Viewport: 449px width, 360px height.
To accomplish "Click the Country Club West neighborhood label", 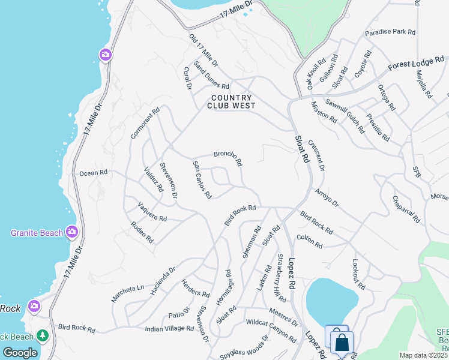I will (x=231, y=102).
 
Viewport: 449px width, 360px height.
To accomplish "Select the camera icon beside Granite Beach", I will (x=72, y=231).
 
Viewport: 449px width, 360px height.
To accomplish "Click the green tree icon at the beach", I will (x=43, y=335).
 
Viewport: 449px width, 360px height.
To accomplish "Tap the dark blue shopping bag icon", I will (x=342, y=343).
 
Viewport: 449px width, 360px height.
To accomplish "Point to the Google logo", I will (x=20, y=353).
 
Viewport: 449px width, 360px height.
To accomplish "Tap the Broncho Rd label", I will (x=228, y=158).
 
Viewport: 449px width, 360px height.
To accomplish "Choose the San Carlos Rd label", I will (x=202, y=179).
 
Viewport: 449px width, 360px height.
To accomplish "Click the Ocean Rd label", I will (x=93, y=173).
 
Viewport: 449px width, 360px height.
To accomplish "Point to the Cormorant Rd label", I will (x=145, y=123).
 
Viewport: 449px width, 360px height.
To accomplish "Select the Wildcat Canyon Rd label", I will (x=271, y=331).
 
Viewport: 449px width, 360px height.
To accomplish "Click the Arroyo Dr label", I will (x=327, y=197).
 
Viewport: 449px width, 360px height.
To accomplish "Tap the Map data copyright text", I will (x=423, y=355).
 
